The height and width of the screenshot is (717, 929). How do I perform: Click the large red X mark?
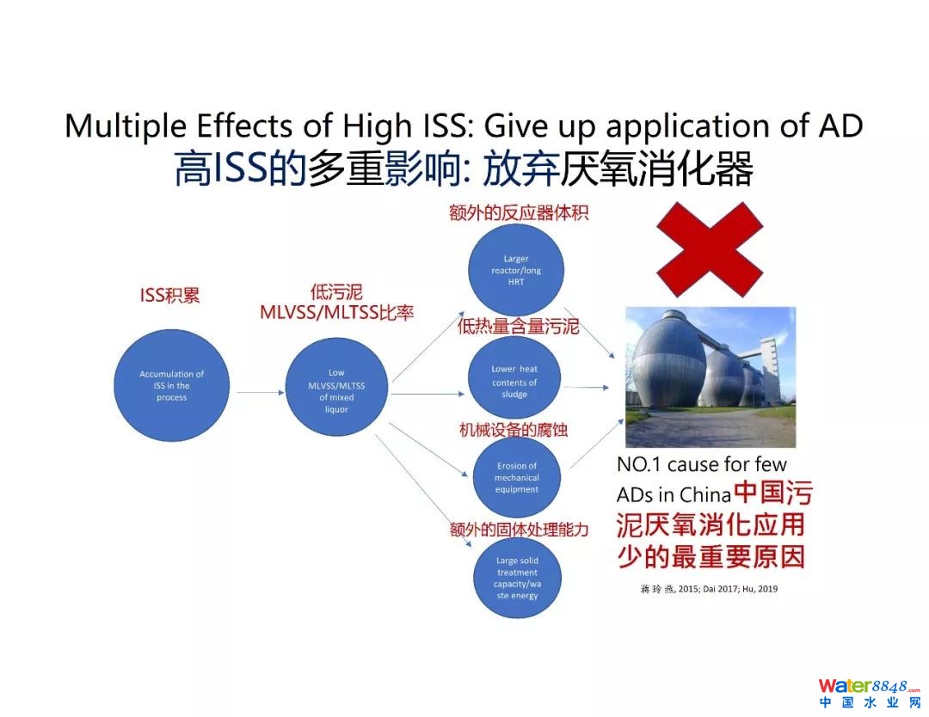[x=710, y=249]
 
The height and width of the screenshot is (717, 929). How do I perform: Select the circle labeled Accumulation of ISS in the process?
[x=172, y=386]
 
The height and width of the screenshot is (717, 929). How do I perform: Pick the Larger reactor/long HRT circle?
[x=516, y=270]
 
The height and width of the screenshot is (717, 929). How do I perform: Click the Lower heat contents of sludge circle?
[x=514, y=382]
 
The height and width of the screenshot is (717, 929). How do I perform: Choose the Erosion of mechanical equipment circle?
[x=517, y=478]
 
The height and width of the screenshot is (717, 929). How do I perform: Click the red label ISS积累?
[x=169, y=296]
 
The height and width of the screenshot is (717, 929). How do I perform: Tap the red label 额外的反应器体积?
[x=519, y=213]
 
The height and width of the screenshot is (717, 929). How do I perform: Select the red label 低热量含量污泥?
[x=519, y=327]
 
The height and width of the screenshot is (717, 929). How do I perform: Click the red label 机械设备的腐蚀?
[x=514, y=429]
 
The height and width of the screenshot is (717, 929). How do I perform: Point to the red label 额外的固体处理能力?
[x=519, y=530]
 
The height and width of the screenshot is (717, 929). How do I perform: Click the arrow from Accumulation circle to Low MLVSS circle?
[x=259, y=393]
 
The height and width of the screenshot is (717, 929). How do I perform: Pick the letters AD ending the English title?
[x=838, y=126]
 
